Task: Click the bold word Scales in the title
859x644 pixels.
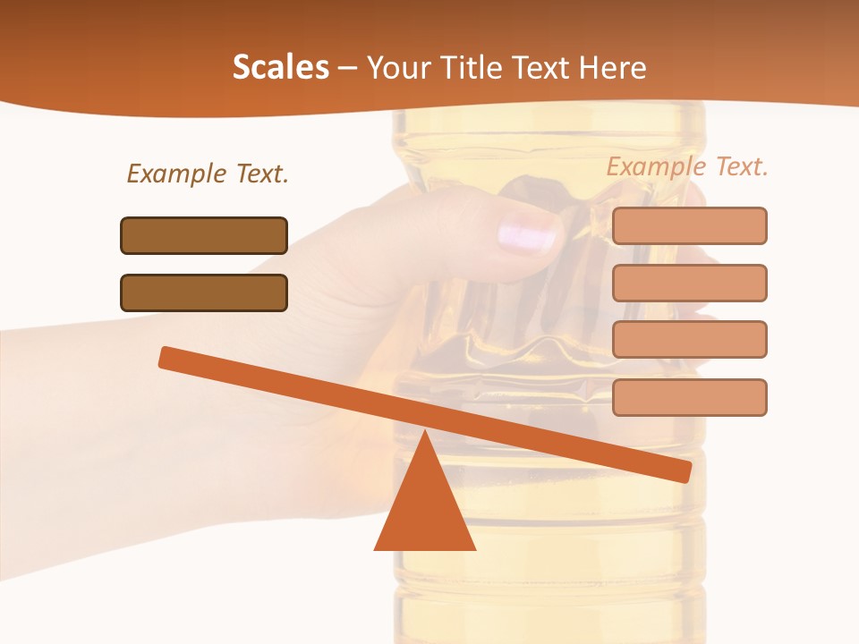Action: [x=280, y=67]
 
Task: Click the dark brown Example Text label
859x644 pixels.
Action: [x=208, y=174]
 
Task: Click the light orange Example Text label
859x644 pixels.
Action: [x=687, y=166]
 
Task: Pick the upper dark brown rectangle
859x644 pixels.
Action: [x=204, y=235]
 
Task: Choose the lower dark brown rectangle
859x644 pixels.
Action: [x=204, y=292]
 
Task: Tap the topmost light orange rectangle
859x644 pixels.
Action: [x=689, y=225]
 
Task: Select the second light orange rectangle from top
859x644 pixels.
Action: [x=689, y=283]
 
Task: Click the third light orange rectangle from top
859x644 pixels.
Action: [x=689, y=339]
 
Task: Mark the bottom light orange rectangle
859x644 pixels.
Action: [x=689, y=397]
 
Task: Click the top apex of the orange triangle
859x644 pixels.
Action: [x=425, y=433]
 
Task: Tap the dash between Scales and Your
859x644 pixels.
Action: [x=347, y=68]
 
